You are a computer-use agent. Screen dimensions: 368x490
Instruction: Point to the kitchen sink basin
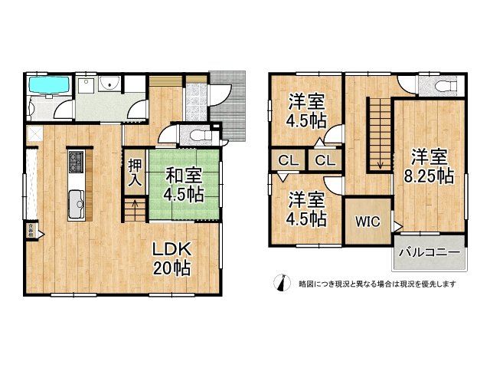(x=78, y=204)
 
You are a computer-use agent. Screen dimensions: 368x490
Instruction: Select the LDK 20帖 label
(x=171, y=259)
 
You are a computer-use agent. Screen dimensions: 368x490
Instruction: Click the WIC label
(x=365, y=222)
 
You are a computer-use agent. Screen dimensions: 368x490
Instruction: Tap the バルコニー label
(x=429, y=252)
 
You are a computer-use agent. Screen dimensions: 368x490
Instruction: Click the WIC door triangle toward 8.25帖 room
(x=397, y=224)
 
